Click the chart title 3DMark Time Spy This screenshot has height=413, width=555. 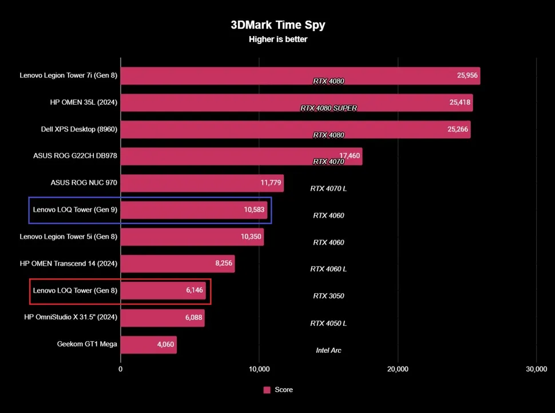pyautogui.click(x=277, y=25)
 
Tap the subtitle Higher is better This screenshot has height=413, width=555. pyautogui.click(x=277, y=40)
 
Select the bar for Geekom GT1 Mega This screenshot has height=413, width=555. pyautogui.click(x=148, y=345)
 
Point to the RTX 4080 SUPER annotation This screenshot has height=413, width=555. pyautogui.click(x=328, y=108)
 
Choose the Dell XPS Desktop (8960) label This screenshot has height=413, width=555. pyautogui.click(x=76, y=129)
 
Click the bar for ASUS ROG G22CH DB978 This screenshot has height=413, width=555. pyautogui.click(x=241, y=156)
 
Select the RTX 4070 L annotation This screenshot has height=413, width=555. pyautogui.click(x=328, y=188)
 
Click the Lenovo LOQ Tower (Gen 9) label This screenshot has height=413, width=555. pyautogui.click(x=75, y=210)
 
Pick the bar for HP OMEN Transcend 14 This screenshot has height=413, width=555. pyautogui.click(x=177, y=264)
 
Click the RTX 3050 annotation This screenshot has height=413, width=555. pyautogui.click(x=328, y=296)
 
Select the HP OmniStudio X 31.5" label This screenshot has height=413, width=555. pyautogui.click(x=70, y=318)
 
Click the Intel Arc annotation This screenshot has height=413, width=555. pyautogui.click(x=328, y=350)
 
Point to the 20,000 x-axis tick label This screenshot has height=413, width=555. pyautogui.click(x=398, y=369)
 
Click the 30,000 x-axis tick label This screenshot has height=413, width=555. pyautogui.click(x=536, y=369)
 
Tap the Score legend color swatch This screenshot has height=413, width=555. pyautogui.click(x=267, y=390)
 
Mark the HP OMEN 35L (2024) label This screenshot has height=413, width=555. pyautogui.click(x=84, y=103)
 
